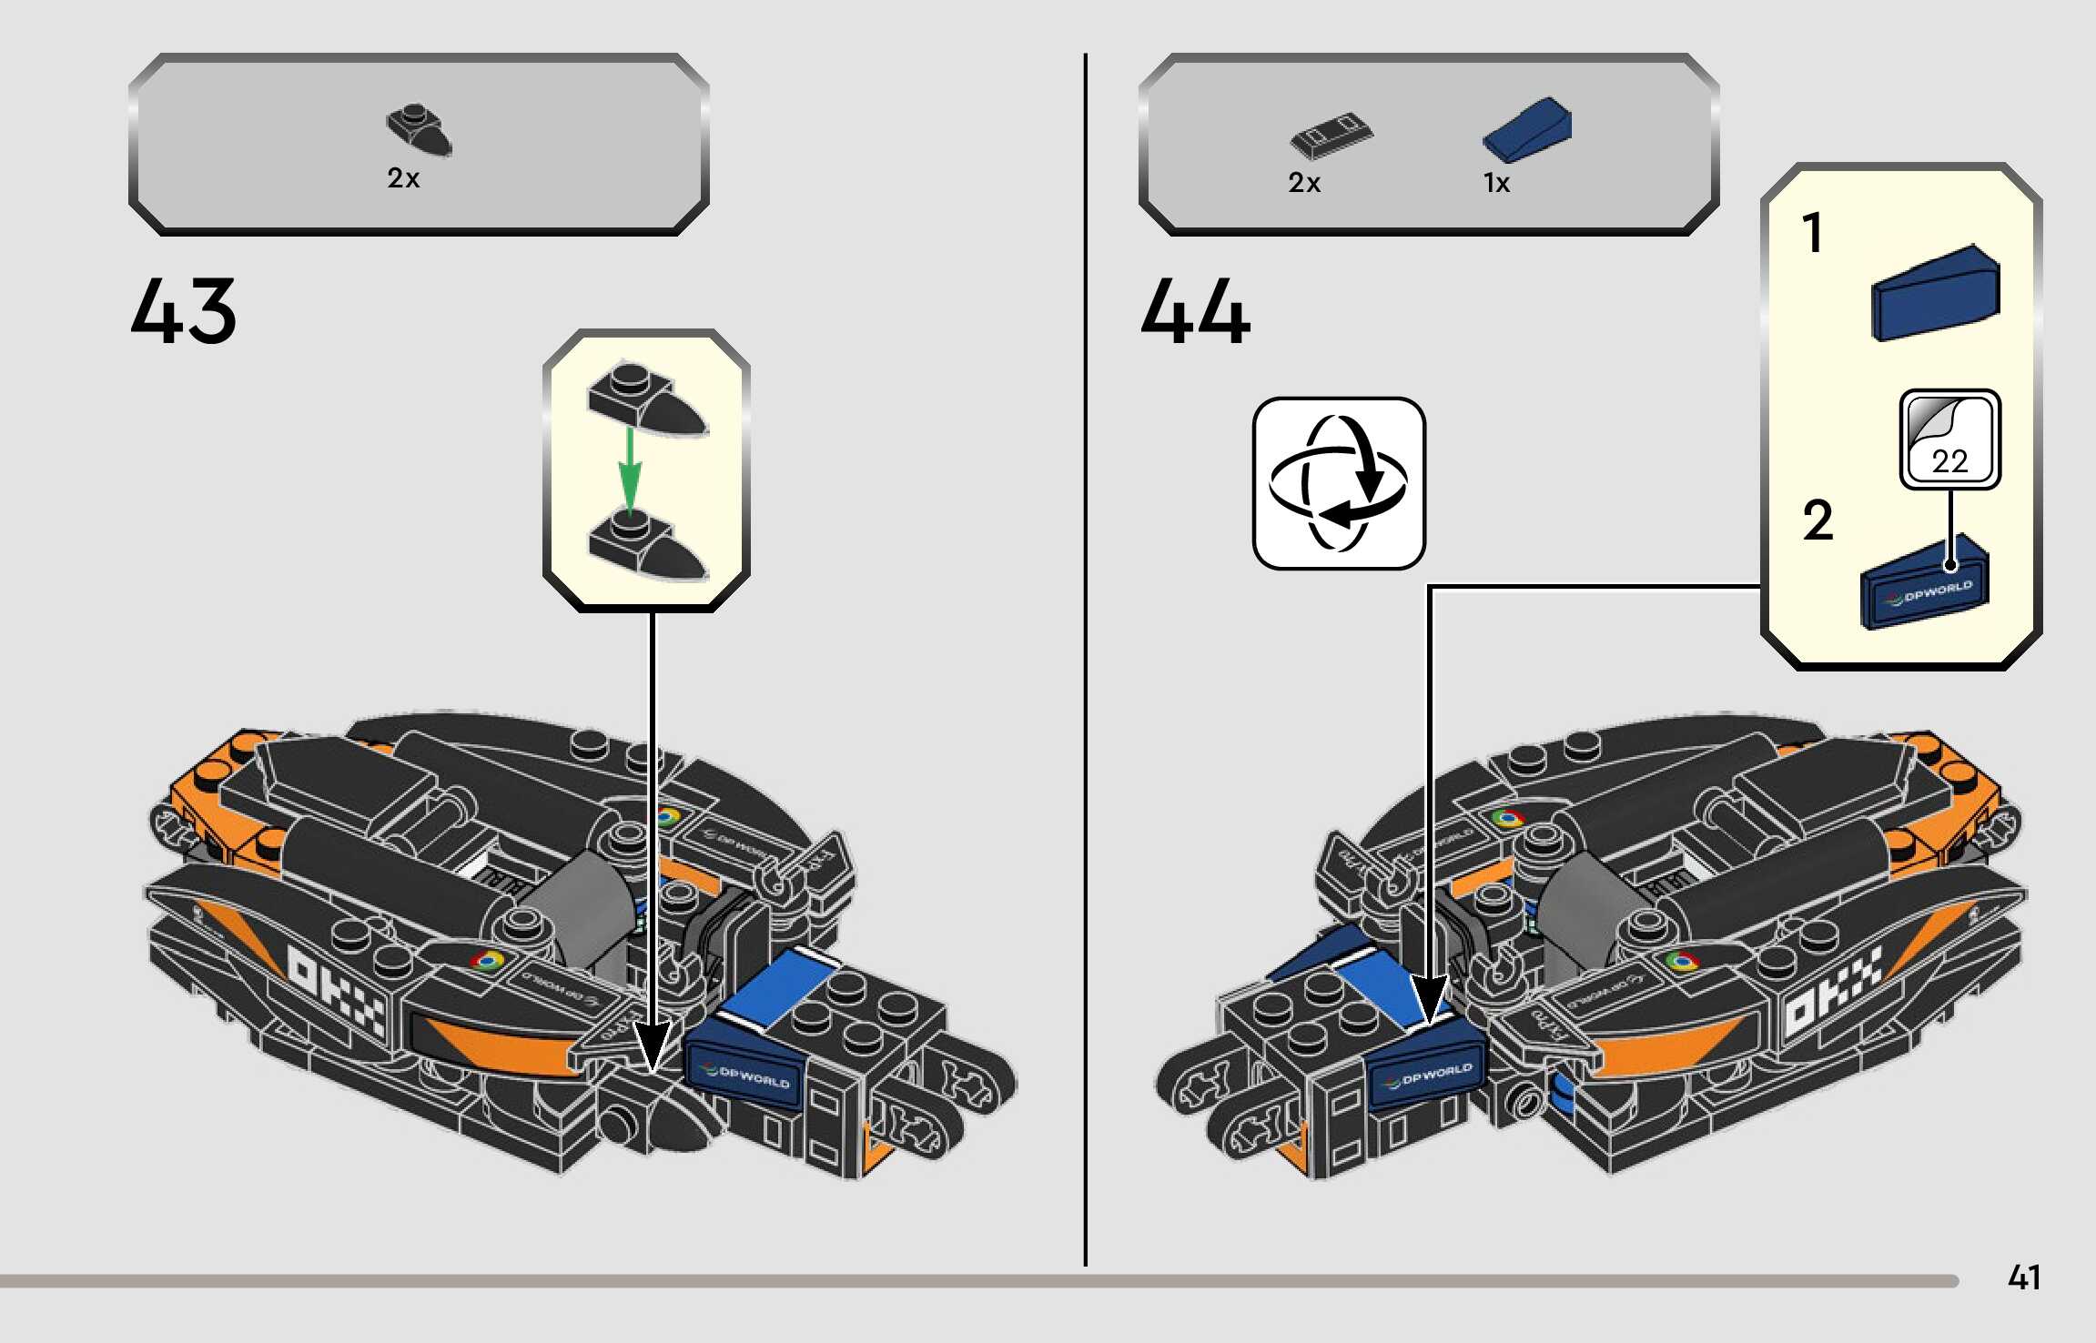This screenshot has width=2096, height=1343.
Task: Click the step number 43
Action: (x=183, y=311)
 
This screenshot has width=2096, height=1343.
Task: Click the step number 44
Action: (x=1195, y=311)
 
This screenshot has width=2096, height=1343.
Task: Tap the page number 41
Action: (x=2023, y=1277)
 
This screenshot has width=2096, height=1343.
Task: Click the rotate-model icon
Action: (x=1339, y=483)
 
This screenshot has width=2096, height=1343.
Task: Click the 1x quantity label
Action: (x=1496, y=184)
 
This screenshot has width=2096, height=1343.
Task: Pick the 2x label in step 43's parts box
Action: (x=403, y=178)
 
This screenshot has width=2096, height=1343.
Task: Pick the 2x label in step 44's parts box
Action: (x=1303, y=184)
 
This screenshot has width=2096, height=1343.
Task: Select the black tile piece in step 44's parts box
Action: (x=1332, y=135)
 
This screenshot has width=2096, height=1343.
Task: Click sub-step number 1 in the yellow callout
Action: (x=1813, y=233)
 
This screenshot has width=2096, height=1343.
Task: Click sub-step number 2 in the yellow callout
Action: (x=1818, y=521)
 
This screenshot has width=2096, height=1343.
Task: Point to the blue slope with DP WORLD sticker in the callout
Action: (x=1925, y=585)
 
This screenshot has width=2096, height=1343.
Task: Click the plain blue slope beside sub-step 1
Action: (x=1935, y=293)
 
